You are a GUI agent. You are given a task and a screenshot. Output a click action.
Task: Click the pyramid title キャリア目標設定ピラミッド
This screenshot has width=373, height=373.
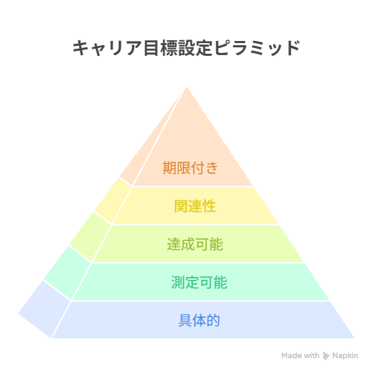tap(186, 48)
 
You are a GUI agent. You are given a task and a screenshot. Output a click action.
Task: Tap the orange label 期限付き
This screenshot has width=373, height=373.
tap(190, 168)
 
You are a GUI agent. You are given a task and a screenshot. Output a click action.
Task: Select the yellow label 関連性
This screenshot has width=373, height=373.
tap(195, 206)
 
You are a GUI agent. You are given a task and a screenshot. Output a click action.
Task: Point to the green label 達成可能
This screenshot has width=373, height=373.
tap(195, 244)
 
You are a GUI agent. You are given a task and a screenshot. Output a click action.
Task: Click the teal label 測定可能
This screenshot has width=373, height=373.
tap(199, 283)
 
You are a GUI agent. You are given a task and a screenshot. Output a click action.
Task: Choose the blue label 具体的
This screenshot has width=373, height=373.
tap(199, 321)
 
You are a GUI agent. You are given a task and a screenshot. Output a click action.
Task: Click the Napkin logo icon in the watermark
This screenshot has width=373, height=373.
tap(326, 356)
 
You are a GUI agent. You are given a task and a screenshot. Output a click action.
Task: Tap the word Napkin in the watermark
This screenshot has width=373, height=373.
tap(345, 355)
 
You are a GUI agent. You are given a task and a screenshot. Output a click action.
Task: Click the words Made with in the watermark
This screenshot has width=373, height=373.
tap(300, 355)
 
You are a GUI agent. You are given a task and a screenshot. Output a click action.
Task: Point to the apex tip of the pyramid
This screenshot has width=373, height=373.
tap(186, 87)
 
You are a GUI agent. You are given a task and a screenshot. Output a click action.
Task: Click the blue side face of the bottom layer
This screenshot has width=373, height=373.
tap(45, 309)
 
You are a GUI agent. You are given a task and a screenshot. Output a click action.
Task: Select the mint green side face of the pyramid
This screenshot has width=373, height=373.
tap(67, 273)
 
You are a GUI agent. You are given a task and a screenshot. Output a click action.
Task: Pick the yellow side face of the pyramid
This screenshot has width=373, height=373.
tap(113, 201)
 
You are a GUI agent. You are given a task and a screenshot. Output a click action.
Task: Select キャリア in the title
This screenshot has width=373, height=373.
tap(107, 48)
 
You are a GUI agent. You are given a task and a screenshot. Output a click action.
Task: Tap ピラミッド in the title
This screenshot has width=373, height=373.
tap(257, 48)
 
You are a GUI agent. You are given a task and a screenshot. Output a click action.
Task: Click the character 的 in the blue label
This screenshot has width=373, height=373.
tap(213, 321)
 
